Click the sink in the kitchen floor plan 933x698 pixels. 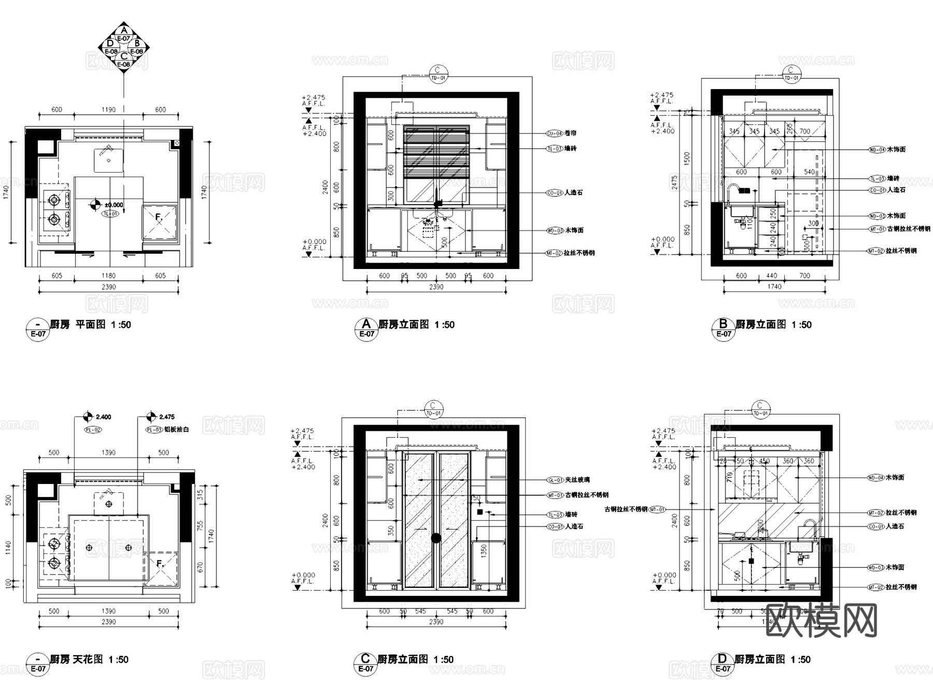109,160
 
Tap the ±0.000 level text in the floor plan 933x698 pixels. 114,205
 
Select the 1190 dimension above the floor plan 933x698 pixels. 109,110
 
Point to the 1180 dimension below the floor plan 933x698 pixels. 109,276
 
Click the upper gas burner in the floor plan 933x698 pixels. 54,198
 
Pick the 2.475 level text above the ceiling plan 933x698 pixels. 167,417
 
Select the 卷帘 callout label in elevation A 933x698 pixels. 570,133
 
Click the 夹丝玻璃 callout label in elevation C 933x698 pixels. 577,480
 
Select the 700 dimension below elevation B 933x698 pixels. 804,276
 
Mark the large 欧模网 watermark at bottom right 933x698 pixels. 822,621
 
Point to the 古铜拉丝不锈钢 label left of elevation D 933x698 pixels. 626,509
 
